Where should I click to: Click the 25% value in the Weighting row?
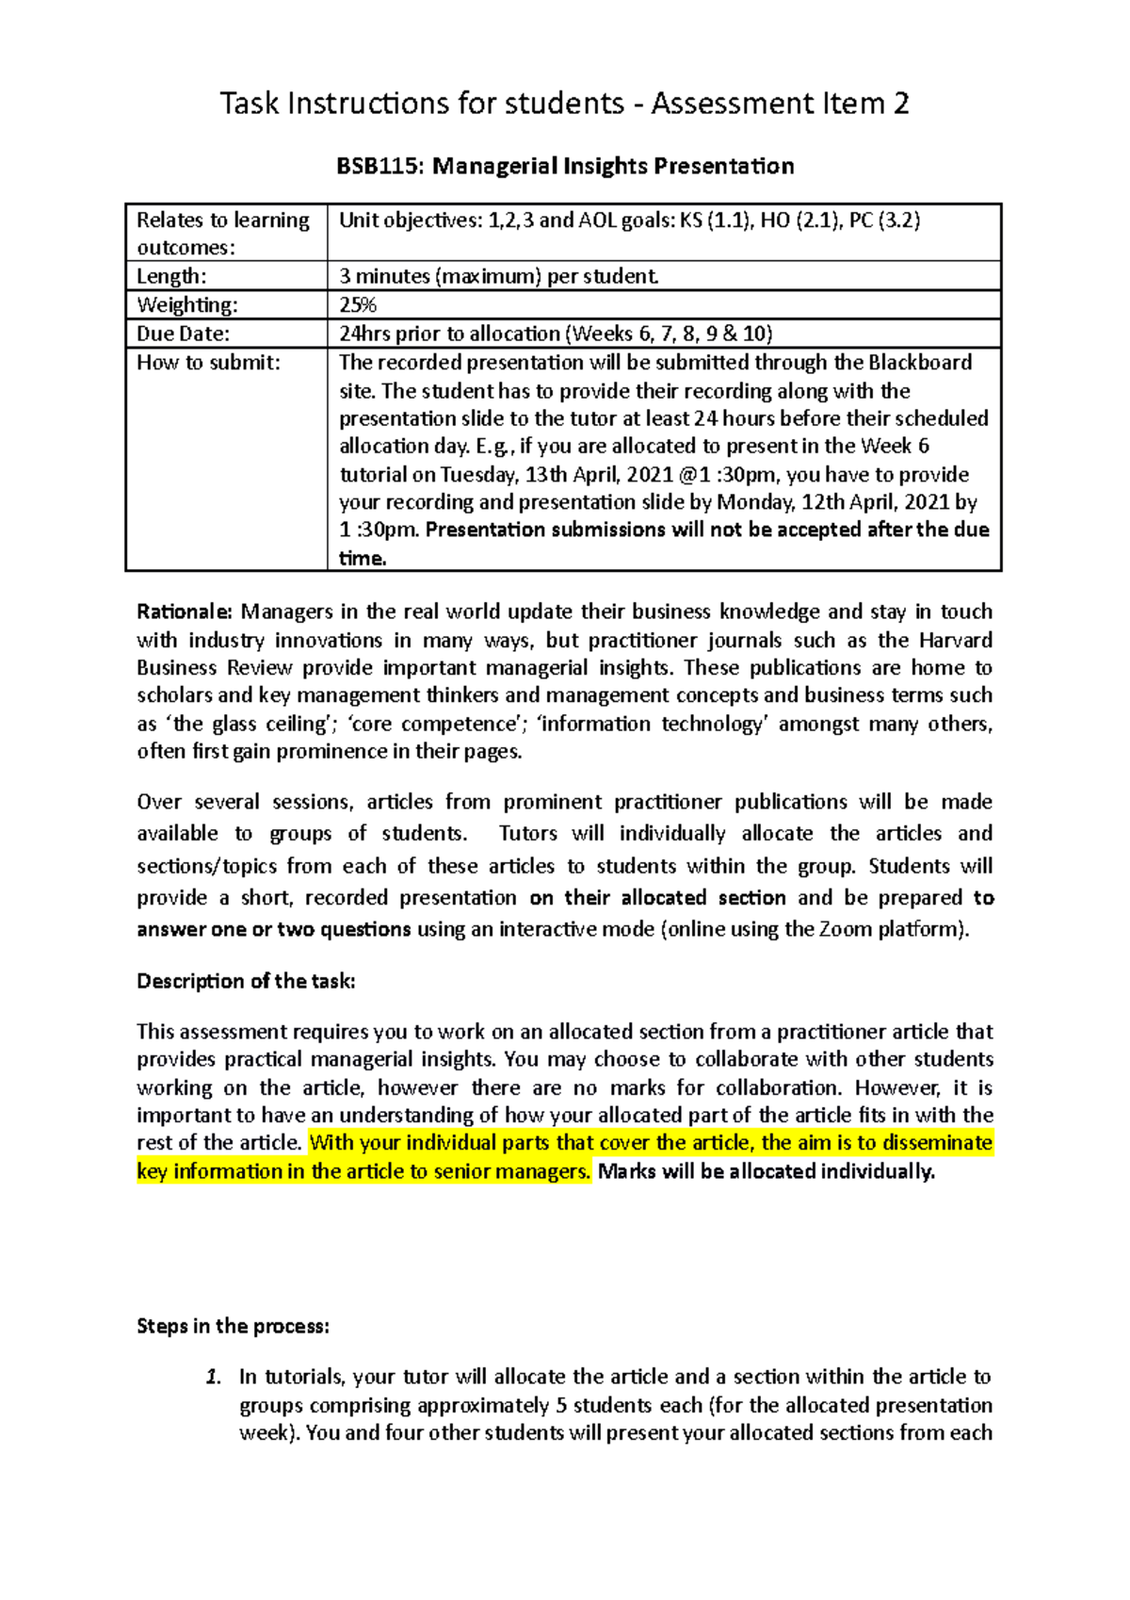pyautogui.click(x=358, y=305)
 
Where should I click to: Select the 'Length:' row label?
pyautogui.click(x=171, y=277)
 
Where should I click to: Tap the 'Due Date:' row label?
pyautogui.click(x=183, y=334)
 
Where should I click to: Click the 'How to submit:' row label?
pyautogui.click(x=208, y=363)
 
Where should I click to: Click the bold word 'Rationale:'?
pyautogui.click(x=184, y=612)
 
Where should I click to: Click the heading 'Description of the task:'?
pyautogui.click(x=246, y=982)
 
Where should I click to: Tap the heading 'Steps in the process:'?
pyautogui.click(x=233, y=1327)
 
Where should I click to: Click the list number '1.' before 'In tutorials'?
pyautogui.click(x=214, y=1378)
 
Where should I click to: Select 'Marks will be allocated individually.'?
pyautogui.click(x=767, y=1172)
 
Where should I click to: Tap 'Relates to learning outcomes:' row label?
pyautogui.click(x=222, y=234)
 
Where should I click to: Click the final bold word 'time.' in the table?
pyautogui.click(x=363, y=559)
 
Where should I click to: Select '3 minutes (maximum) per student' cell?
pyautogui.click(x=498, y=277)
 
